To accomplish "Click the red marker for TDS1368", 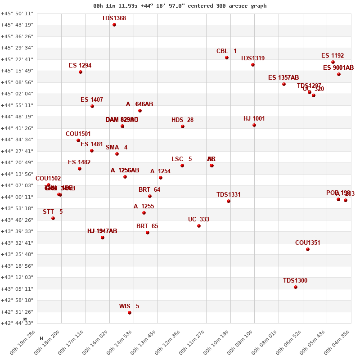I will (114, 25).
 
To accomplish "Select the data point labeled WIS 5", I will (130, 313).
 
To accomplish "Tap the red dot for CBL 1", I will (227, 58).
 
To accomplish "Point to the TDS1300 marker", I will (296, 287).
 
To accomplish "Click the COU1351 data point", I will (308, 249).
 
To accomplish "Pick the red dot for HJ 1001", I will (254, 125).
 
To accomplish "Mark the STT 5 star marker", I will (53, 218).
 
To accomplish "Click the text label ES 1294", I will (80, 65).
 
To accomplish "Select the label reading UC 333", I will (198, 219).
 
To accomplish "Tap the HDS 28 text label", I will (182, 120).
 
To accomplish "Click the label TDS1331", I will (229, 194).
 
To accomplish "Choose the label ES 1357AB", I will (283, 77).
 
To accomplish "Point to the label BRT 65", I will (147, 226).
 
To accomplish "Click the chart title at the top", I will (180, 6).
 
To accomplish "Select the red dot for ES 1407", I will (92, 106).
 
